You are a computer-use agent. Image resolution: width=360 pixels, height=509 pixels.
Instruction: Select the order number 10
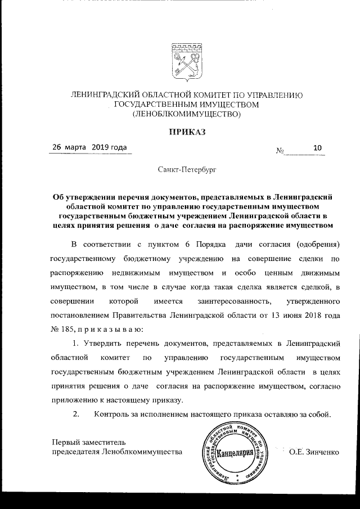click(317, 148)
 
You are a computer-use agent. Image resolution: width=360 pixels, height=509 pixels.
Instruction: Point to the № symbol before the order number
click(280, 151)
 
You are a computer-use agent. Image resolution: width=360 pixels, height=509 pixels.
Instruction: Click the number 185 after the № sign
click(69, 328)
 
